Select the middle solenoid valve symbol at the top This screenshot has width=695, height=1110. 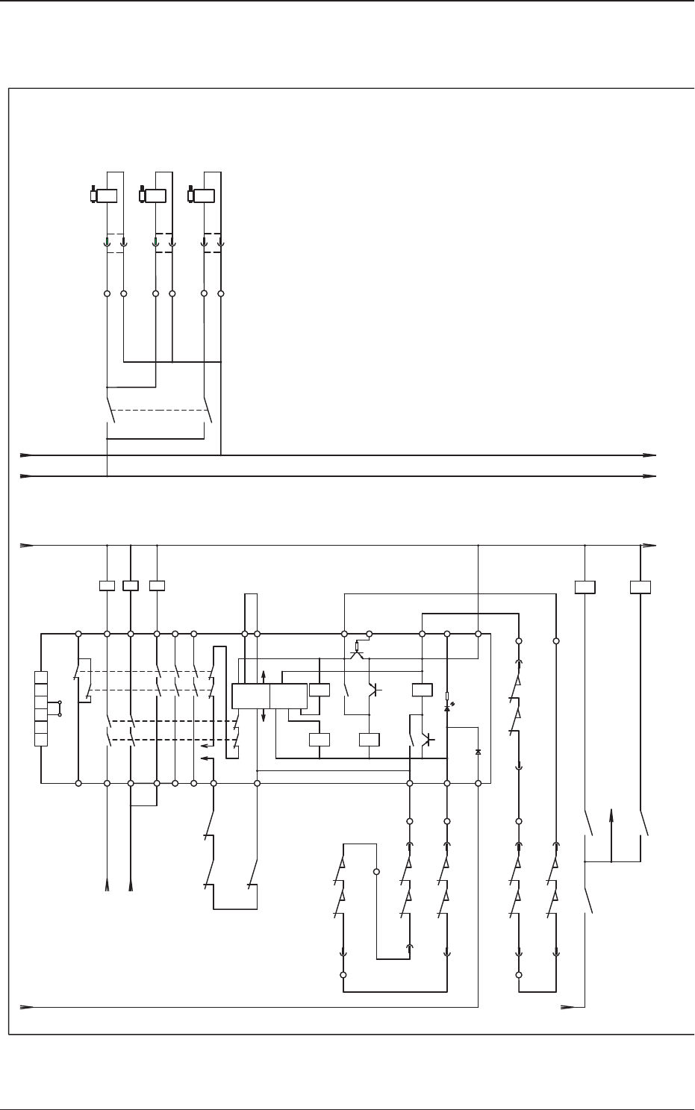154,196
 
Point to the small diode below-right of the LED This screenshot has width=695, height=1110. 478,752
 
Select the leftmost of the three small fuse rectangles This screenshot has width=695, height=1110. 107,585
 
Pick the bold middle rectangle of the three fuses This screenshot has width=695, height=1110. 131,585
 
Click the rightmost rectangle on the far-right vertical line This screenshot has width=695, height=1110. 641,587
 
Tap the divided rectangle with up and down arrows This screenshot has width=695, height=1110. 269,696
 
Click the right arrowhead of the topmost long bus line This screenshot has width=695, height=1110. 651,454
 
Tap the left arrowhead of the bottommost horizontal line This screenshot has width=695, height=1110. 27,1007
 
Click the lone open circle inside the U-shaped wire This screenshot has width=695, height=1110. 376,872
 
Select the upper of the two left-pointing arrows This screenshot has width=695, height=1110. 205,745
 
